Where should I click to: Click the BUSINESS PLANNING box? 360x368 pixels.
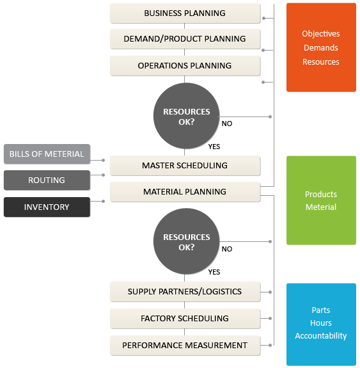tap(185, 13)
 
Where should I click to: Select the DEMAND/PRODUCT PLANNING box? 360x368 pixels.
tap(185, 39)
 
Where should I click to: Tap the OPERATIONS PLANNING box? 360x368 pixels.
tap(185, 66)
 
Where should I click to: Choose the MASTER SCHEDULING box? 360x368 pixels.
tap(185, 166)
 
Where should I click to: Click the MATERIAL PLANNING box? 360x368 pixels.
tap(185, 192)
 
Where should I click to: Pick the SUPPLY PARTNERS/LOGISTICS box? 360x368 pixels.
tap(185, 292)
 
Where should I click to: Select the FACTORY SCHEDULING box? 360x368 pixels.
tap(185, 319)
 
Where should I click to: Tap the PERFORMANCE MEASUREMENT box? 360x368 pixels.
tap(185, 346)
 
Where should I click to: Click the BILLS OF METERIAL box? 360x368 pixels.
tap(47, 154)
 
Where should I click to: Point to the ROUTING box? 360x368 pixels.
tap(47, 180)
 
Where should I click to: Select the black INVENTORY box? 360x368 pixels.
tap(47, 207)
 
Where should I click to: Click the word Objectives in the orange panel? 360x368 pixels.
tap(321, 34)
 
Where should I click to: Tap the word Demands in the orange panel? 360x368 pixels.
tap(321, 47)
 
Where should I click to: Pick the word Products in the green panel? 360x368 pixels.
tap(321, 195)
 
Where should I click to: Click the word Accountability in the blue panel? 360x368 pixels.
tap(321, 336)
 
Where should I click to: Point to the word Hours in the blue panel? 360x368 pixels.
tap(321, 323)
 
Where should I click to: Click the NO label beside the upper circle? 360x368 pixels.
tap(227, 124)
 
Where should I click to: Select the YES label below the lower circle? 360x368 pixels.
tap(214, 272)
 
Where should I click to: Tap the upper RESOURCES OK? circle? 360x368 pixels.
tap(187, 116)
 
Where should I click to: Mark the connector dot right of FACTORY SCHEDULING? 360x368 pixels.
tap(270, 319)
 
